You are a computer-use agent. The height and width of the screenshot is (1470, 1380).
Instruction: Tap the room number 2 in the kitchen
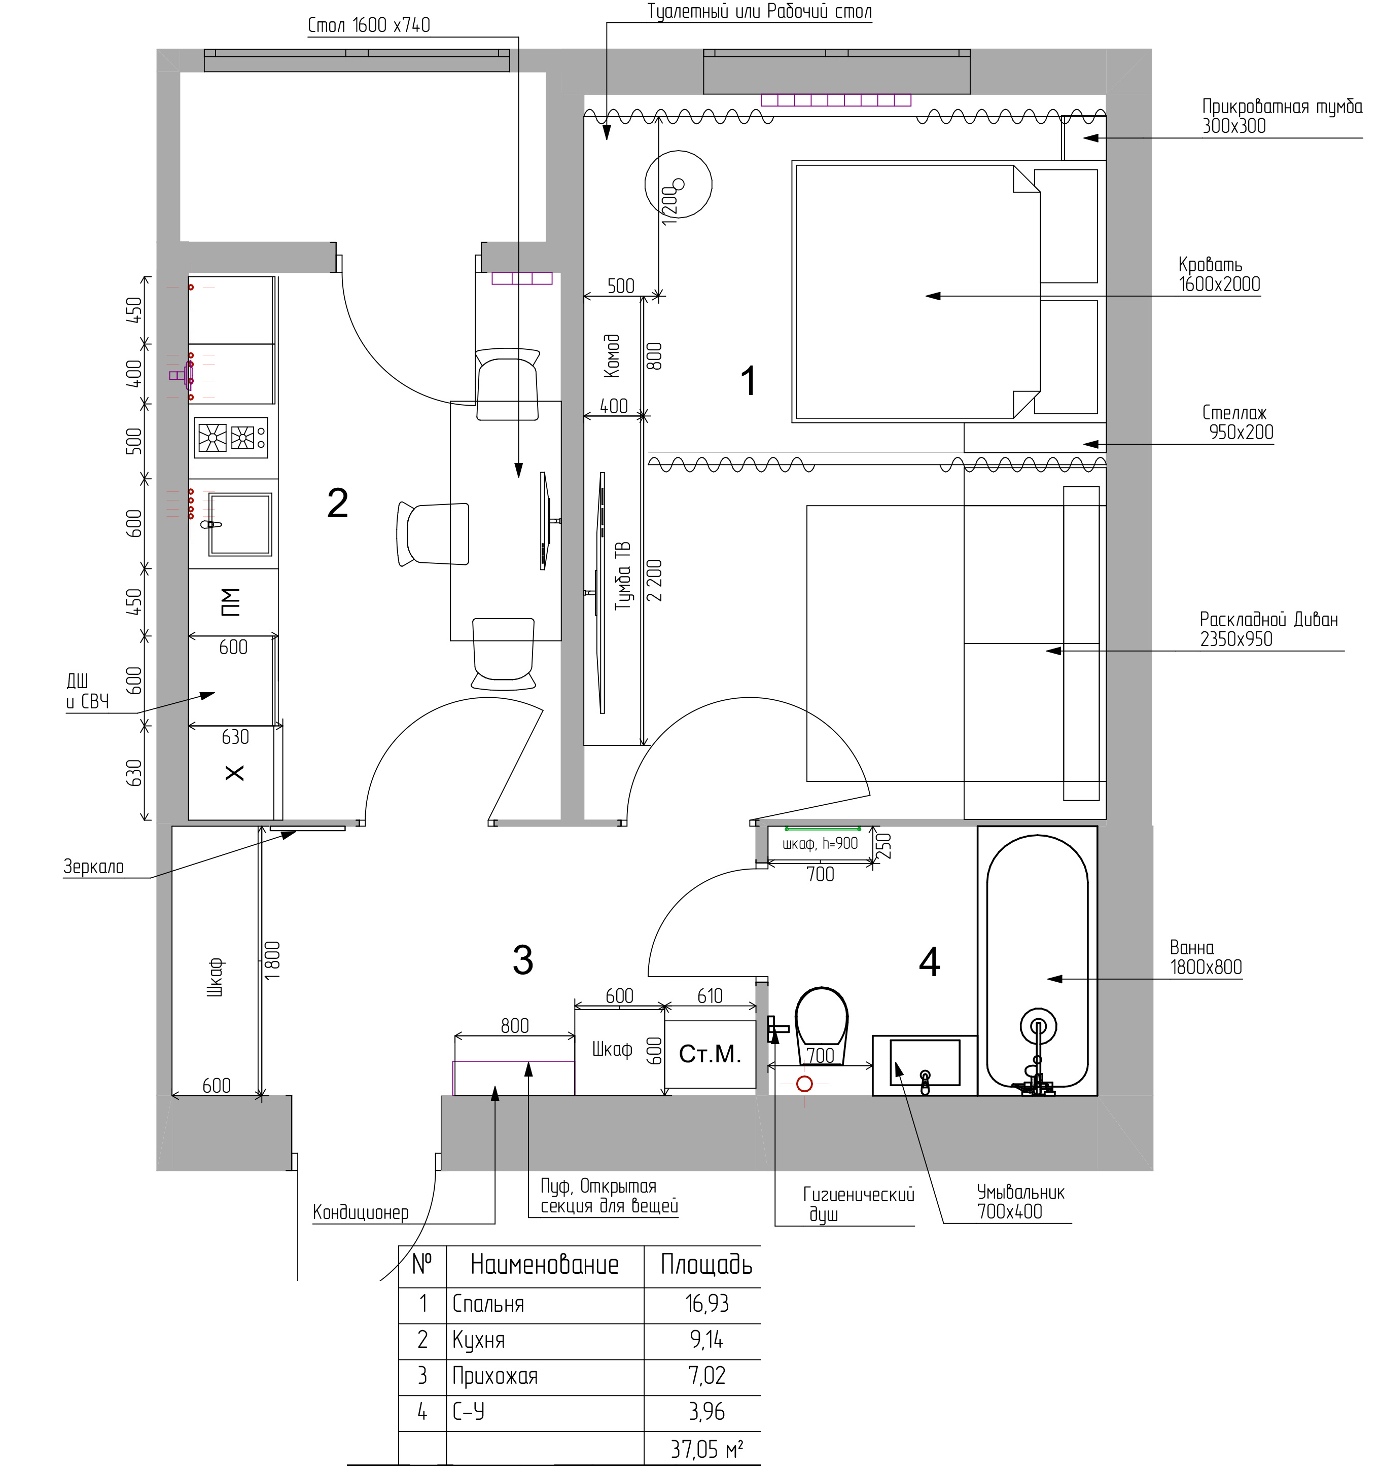click(338, 504)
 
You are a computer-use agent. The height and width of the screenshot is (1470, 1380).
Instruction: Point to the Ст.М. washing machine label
click(710, 1054)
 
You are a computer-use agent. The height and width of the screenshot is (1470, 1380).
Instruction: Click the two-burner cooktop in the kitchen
click(231, 438)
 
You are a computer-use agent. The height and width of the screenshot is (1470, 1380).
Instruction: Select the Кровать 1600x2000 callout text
click(1219, 274)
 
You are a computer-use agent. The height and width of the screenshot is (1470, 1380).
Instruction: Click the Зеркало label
click(93, 866)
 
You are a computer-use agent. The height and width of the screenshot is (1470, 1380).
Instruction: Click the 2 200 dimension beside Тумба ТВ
click(655, 579)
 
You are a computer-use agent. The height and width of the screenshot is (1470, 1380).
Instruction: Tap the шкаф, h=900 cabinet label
click(820, 843)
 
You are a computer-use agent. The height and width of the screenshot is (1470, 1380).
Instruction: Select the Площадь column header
click(706, 1265)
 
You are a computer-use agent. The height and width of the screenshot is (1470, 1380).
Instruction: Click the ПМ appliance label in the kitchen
click(231, 602)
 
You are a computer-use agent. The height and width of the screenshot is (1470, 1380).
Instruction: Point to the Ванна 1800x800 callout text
click(1206, 957)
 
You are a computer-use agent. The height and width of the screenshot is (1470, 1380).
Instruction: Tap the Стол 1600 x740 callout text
click(368, 25)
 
